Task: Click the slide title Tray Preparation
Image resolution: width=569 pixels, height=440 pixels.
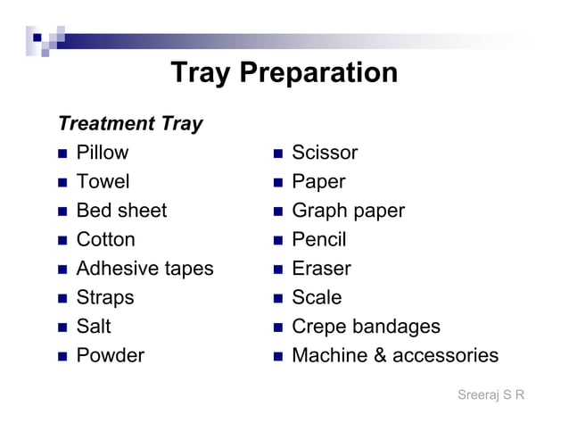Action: pos(284,72)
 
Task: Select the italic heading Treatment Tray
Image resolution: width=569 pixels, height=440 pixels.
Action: pos(130,123)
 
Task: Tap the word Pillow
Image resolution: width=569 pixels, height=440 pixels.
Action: pos(103,153)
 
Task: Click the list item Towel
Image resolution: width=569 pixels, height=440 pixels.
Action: pos(103,182)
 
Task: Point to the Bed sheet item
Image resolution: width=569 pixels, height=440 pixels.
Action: pos(121,211)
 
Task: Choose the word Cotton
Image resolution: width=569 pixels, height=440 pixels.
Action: pos(106,240)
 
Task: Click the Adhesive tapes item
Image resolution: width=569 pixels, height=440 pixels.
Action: pos(144,269)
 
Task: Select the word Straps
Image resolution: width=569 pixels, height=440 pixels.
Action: pos(105,297)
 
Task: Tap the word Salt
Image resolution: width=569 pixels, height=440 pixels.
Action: pos(94,327)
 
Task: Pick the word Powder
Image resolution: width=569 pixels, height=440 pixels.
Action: pos(110,355)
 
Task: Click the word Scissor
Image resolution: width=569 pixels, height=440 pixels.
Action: pos(325,153)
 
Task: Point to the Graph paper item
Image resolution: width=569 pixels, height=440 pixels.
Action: pos(348,211)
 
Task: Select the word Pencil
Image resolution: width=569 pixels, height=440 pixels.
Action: pos(318,240)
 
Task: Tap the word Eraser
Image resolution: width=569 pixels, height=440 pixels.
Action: pos(321,269)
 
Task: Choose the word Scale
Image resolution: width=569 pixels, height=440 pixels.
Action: pos(317,297)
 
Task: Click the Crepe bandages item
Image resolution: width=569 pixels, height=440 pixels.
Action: pos(366,327)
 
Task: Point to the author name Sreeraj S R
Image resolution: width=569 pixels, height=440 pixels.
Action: pos(491,394)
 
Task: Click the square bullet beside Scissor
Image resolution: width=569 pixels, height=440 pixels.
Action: pos(278,154)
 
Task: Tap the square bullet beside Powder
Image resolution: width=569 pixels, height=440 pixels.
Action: pos(62,356)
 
